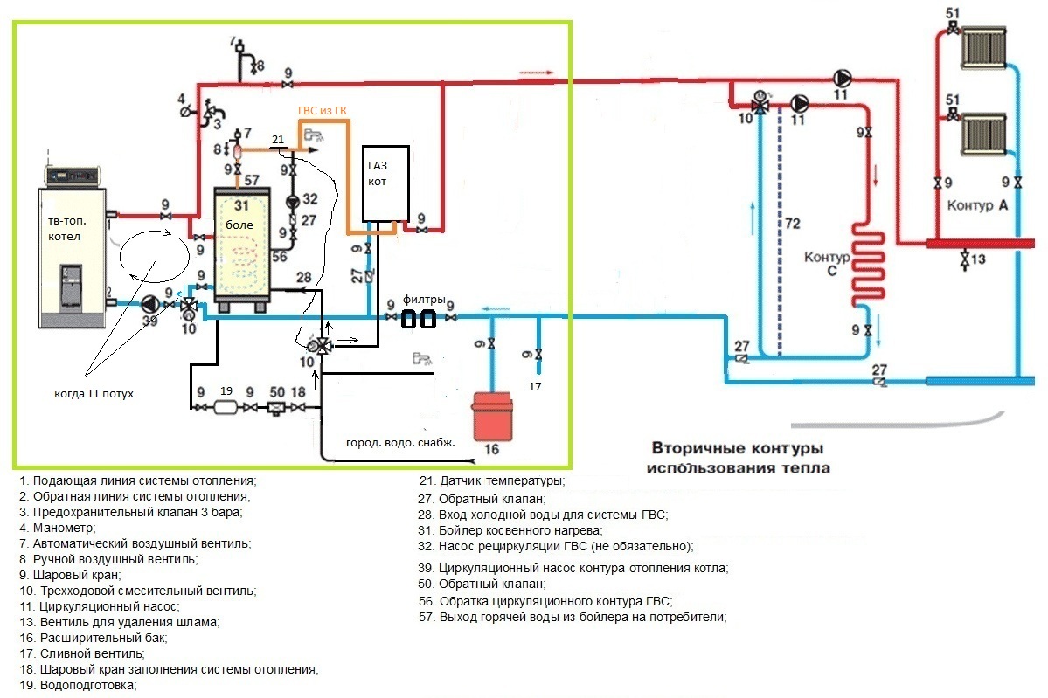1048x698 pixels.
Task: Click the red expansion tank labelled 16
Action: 493,417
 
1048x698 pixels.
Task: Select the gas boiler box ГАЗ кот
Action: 385,183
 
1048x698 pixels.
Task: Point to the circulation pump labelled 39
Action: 149,304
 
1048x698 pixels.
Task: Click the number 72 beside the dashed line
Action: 793,223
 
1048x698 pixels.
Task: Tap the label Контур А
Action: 977,205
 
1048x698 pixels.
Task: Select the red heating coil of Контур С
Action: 868,264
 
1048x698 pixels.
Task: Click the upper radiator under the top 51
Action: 983,48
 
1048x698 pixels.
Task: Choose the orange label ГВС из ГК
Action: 323,111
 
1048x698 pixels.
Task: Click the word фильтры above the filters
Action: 424,300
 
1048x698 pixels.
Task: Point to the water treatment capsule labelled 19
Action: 226,407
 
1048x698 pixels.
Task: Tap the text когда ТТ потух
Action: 94,394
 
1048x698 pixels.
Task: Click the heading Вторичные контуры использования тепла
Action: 738,458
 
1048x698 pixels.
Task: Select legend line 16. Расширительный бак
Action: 94,638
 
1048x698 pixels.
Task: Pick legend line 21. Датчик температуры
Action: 492,481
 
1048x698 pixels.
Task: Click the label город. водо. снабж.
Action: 400,442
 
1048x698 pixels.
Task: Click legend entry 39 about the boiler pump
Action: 573,569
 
